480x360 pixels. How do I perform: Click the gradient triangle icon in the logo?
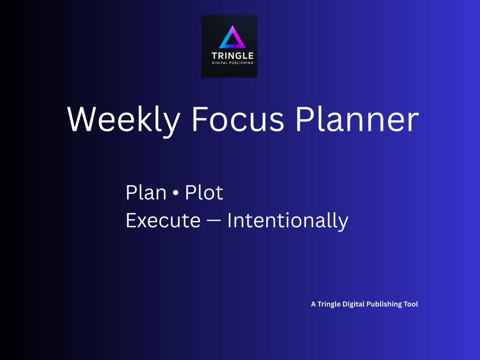click(x=232, y=38)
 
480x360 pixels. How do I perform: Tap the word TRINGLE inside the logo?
click(x=232, y=56)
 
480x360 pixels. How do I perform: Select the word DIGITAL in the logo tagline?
click(x=220, y=63)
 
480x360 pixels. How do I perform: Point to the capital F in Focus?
click(x=200, y=119)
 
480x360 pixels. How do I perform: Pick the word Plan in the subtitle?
click(x=146, y=193)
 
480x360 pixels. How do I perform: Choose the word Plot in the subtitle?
click(x=204, y=193)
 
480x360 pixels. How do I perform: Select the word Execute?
click(x=163, y=220)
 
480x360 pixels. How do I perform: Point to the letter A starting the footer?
click(x=313, y=304)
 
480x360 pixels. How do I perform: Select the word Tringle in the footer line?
click(x=329, y=304)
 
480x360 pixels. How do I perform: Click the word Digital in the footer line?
click(x=353, y=304)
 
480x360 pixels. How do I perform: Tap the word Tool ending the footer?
click(x=411, y=304)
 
